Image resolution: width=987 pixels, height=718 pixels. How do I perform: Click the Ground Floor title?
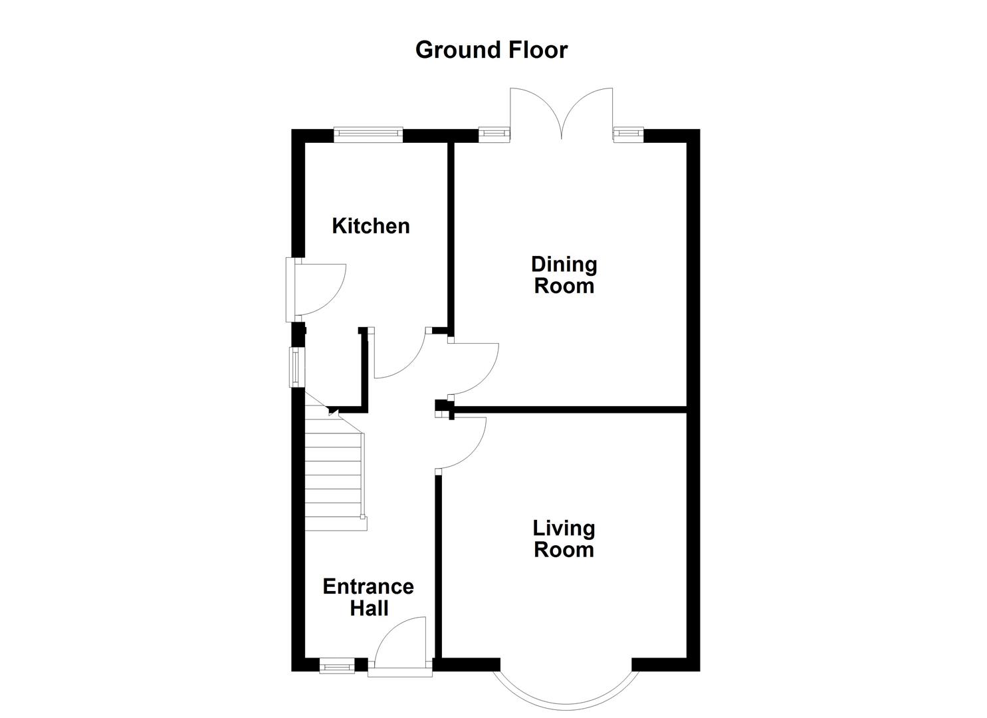[491, 50]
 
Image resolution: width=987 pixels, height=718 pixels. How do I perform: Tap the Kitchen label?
[371, 226]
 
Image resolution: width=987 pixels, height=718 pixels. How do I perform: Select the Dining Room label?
[564, 275]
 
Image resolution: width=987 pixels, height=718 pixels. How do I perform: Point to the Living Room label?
[564, 539]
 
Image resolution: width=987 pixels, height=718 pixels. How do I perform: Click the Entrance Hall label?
[368, 597]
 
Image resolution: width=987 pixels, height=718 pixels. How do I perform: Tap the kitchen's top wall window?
[368, 135]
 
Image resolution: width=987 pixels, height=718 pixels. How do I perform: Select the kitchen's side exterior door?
[319, 289]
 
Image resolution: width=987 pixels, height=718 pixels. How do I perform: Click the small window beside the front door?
[337, 665]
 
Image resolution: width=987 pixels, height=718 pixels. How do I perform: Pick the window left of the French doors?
[493, 135]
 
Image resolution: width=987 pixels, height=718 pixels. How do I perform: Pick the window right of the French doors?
[629, 135]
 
